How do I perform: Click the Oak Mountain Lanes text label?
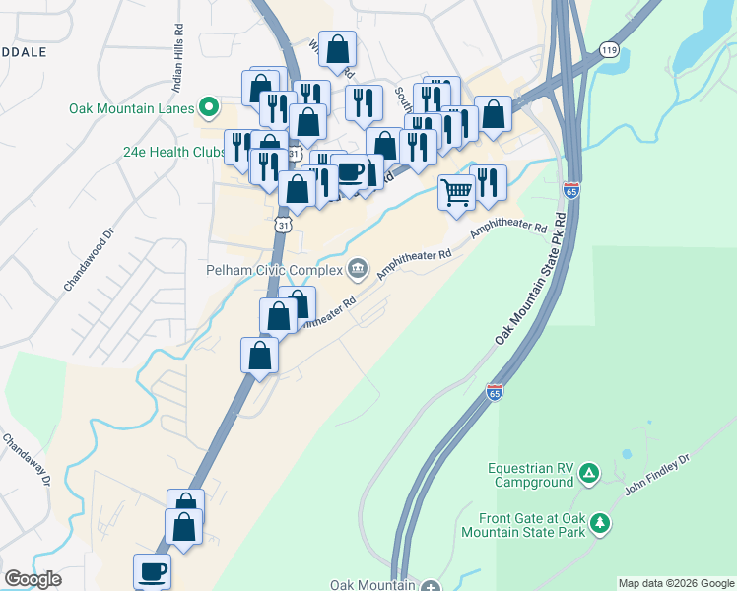(131, 107)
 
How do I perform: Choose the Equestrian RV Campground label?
(531, 475)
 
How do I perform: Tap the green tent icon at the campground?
(588, 474)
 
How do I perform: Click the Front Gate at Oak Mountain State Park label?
(531, 525)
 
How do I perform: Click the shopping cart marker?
(456, 191)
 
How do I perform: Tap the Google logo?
(33, 579)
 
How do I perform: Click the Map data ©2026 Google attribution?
(676, 583)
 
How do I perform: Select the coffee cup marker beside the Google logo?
(152, 570)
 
